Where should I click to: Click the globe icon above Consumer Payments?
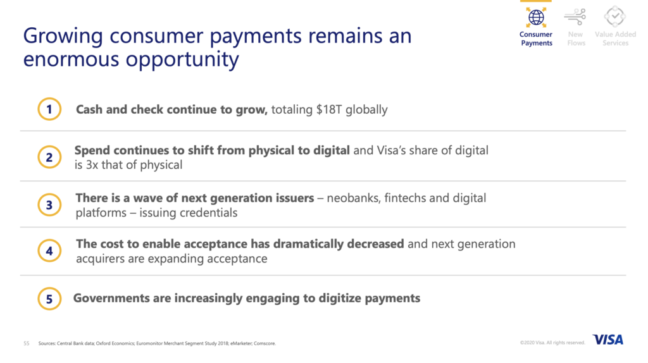pos(536,17)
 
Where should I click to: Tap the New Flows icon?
pos(575,17)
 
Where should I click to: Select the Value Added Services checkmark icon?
pos(615,16)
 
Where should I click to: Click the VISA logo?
pos(608,340)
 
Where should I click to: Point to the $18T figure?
pos(329,109)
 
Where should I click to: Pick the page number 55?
pos(27,343)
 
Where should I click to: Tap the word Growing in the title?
pos(63,36)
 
